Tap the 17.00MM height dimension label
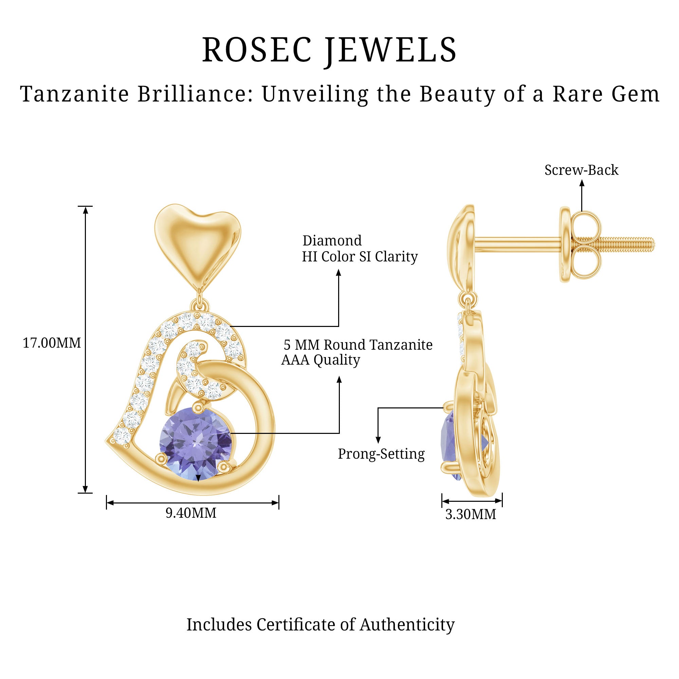52,343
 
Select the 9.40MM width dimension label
191,513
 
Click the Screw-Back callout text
581,170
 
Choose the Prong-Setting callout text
381,454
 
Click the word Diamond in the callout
332,241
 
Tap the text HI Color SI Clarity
360,257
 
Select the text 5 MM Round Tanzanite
358,345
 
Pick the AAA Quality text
320,360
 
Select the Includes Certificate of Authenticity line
320,624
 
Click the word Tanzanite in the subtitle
74,94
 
